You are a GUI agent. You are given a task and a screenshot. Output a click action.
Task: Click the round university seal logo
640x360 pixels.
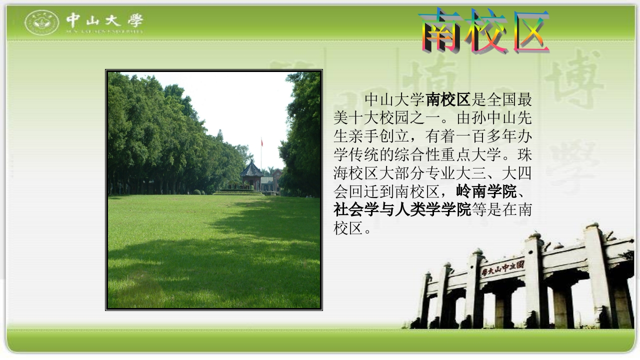tap(42, 22)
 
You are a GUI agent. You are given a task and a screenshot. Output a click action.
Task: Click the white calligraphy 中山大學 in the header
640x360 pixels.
tap(104, 20)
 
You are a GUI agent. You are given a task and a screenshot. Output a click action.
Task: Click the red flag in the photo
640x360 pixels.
tap(261, 142)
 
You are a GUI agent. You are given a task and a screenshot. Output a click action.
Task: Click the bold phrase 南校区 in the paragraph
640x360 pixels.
tap(448, 99)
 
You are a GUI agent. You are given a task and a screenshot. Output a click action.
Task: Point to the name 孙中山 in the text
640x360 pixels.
tap(488, 118)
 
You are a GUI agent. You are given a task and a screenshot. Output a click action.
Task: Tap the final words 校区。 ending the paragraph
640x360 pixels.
tap(353, 228)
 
